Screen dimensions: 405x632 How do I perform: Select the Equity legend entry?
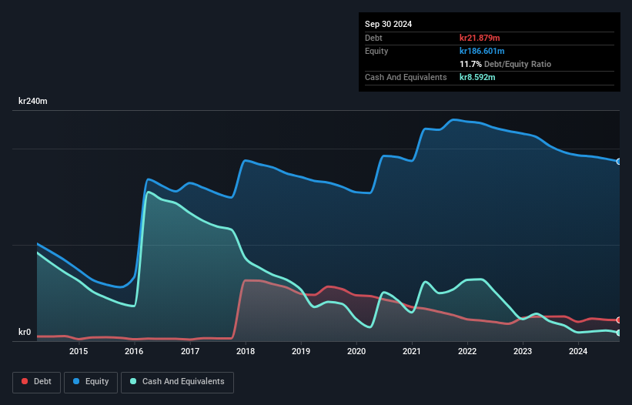coord(90,381)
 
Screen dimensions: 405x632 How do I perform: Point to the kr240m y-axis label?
coord(33,102)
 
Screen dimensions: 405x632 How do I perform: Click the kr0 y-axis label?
coord(25,333)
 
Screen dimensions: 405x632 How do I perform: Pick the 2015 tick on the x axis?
coord(79,352)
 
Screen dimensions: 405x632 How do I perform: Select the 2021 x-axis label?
coord(412,352)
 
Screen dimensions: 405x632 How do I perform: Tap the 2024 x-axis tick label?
coord(578,352)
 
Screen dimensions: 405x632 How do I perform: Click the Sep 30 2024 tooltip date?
coord(389,24)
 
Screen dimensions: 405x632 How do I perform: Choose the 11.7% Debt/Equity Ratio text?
coord(505,64)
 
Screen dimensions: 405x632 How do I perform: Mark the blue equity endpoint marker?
coord(619,162)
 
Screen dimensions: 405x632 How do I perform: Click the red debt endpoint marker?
coord(619,320)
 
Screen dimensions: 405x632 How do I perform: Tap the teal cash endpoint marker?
coord(619,333)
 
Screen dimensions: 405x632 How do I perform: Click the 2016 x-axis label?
coord(134,352)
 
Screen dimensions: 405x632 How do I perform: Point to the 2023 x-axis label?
coord(523,352)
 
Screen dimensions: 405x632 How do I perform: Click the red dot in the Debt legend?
coord(25,381)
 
